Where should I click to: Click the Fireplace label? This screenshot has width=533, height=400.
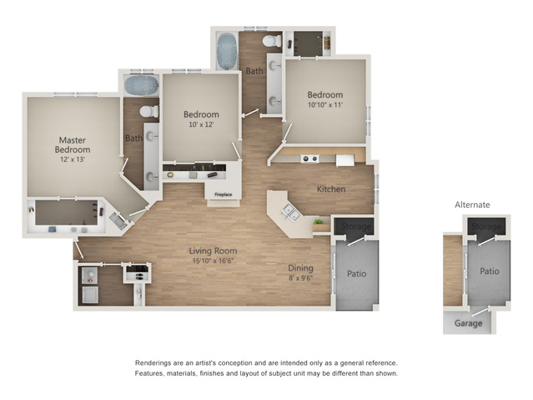click(x=224, y=195)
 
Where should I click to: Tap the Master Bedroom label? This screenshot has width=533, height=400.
click(x=73, y=145)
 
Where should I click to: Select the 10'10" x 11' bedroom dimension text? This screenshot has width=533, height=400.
click(x=325, y=105)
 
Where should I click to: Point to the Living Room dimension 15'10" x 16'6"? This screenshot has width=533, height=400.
click(x=214, y=261)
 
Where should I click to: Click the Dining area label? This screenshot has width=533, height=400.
click(x=301, y=268)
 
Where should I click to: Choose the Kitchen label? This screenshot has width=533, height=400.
click(x=331, y=190)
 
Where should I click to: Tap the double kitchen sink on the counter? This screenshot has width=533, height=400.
click(x=290, y=213)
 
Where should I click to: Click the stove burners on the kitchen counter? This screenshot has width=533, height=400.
click(x=309, y=159)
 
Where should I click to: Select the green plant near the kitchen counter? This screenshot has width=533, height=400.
click(x=318, y=221)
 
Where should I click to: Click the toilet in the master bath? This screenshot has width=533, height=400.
click(x=149, y=111)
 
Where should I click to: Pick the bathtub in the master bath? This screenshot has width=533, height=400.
click(x=142, y=85)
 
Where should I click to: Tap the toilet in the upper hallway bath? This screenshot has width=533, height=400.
click(x=272, y=41)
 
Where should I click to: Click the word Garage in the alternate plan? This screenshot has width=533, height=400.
click(x=469, y=323)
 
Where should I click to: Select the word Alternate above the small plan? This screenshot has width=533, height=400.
click(x=472, y=205)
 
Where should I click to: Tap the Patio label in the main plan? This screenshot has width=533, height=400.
click(x=356, y=274)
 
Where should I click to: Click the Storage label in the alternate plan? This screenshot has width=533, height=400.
click(x=486, y=226)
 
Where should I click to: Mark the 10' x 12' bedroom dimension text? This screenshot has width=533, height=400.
click(x=201, y=124)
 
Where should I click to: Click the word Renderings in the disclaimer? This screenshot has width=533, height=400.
click(x=153, y=363)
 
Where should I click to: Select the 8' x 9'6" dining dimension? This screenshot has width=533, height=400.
click(x=301, y=278)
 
